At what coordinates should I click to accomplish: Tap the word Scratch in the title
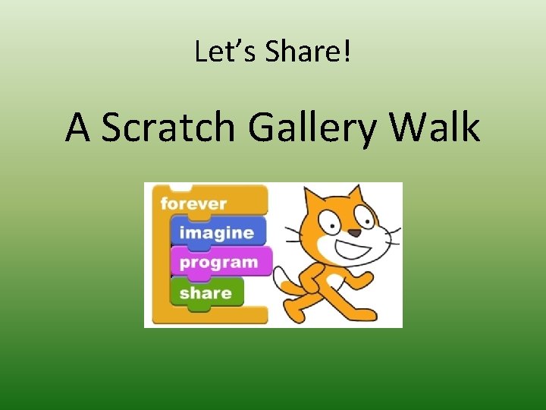tap(169, 128)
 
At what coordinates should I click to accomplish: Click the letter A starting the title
tap(79, 128)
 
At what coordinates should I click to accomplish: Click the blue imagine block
tap(217, 232)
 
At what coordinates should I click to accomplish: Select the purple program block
tap(220, 263)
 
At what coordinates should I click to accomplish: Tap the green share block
tap(206, 293)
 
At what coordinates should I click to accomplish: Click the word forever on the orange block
tap(194, 203)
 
